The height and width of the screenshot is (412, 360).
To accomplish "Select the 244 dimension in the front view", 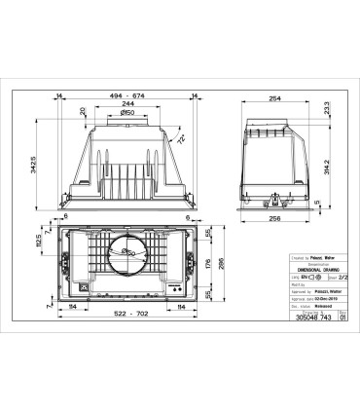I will click(127, 106).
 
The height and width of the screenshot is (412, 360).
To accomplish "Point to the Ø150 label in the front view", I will click(127, 115).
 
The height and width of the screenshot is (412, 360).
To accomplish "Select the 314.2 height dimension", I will click(328, 165).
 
